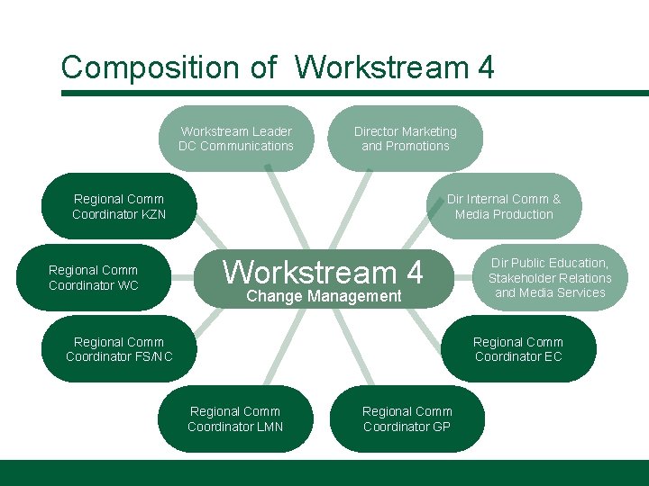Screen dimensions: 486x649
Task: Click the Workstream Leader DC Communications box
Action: pos(236,139)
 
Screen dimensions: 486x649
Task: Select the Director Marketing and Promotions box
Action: pos(405,139)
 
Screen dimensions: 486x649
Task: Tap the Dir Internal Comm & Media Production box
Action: pos(504,206)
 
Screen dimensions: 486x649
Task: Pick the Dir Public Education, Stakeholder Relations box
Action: pos(550,277)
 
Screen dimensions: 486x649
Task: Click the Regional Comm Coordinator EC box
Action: pos(518,349)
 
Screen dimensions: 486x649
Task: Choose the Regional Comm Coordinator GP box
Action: pos(407,418)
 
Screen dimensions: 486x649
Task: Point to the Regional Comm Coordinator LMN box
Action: pos(235,418)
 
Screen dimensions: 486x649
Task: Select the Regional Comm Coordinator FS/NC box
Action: pos(119,349)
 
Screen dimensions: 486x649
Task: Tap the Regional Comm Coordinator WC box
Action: pos(94,277)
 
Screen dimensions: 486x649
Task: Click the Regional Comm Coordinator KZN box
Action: pos(119,206)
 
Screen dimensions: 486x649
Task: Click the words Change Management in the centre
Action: pos(324,296)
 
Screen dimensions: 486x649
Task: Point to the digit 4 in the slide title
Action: pos(486,67)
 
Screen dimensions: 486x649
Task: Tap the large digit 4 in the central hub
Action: pos(413,271)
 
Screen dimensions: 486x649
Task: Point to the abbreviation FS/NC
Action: pos(153,356)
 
